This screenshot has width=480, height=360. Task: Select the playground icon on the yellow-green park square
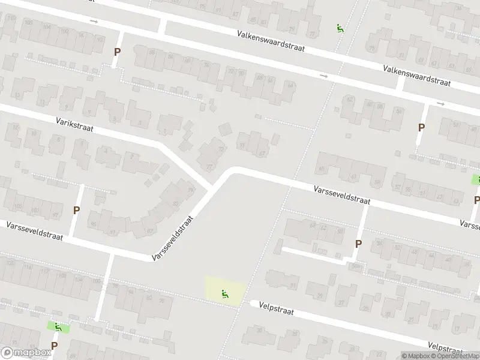pyautogui.click(x=226, y=293)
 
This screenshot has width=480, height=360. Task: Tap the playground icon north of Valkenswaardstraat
pyautogui.click(x=340, y=28)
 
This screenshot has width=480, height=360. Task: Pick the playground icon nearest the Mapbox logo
pyautogui.click(x=58, y=327)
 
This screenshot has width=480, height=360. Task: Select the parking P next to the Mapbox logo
pyautogui.click(x=54, y=346)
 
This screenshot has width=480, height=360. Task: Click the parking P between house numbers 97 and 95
pyautogui.click(x=76, y=210)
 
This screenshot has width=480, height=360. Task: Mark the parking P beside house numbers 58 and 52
pyautogui.click(x=359, y=244)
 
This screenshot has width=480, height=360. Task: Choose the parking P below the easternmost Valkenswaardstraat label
pyautogui.click(x=422, y=127)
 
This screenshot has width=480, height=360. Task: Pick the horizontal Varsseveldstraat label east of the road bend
pyautogui.click(x=341, y=196)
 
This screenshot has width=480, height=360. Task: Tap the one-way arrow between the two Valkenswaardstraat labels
pyautogui.click(x=324, y=76)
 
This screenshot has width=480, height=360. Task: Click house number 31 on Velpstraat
pyautogui.click(x=293, y=285)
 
